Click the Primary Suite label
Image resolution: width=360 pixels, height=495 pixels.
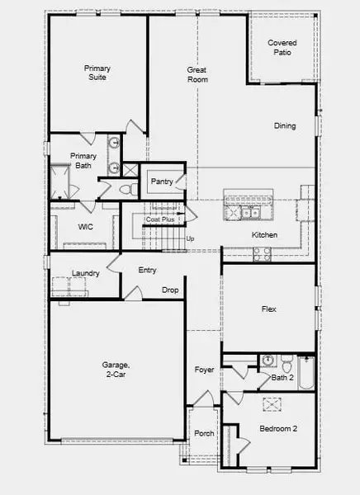coord(97,73)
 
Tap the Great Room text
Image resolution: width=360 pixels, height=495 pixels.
coord(197,74)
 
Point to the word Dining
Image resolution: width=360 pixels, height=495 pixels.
coord(286,126)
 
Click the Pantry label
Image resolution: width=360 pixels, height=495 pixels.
coord(161,182)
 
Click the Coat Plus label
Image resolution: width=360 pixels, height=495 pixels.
coord(159,219)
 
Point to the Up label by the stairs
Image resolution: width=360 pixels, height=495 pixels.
coord(191,239)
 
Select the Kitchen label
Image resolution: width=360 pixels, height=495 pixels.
coord(265,236)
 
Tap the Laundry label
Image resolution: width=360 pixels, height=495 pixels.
coord(86,273)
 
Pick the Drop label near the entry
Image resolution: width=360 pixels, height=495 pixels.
coord(170,290)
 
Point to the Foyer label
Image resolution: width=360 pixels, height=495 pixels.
coord(204,370)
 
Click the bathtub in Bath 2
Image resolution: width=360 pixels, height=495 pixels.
coord(306,371)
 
